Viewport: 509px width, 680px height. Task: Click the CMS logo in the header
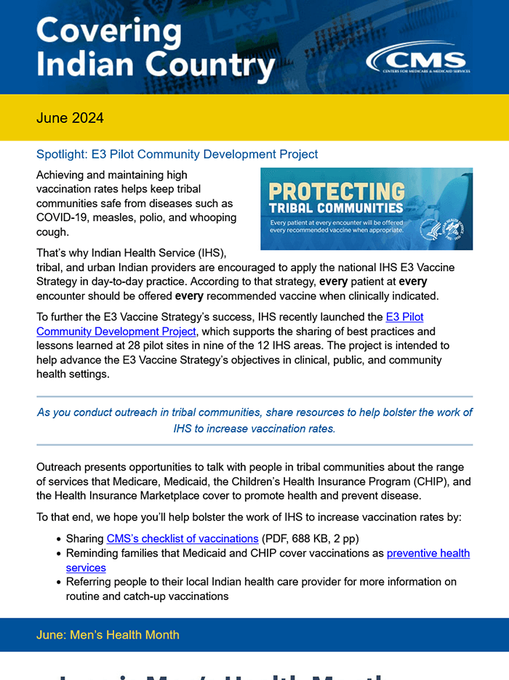coord(417,60)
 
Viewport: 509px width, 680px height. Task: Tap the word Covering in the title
coord(108,31)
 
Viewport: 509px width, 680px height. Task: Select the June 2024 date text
coord(70,118)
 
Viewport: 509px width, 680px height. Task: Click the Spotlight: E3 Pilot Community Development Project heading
coord(177,154)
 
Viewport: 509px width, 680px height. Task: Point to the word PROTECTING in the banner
coord(337,193)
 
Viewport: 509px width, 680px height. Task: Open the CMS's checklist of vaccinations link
coord(183,539)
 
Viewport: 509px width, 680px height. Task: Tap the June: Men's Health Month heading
coord(108,635)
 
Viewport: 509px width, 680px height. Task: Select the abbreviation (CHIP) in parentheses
coord(433,481)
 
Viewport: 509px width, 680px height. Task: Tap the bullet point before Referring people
coord(58,583)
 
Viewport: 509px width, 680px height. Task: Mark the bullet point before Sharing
coord(58,540)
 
